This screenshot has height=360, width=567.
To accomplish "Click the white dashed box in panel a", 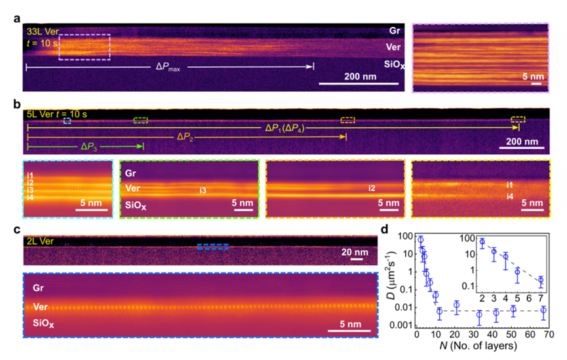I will pyautogui.click(x=85, y=47).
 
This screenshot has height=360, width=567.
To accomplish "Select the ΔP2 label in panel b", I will pyautogui.click(x=187, y=136).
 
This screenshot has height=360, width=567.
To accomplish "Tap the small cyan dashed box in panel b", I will pyautogui.click(x=67, y=121).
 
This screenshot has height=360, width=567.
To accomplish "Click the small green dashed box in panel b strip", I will pyautogui.click(x=140, y=120).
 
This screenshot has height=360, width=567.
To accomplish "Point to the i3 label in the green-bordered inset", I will pyautogui.click(x=204, y=191).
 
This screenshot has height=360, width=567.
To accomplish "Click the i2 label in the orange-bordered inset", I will pyautogui.click(x=371, y=188).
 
